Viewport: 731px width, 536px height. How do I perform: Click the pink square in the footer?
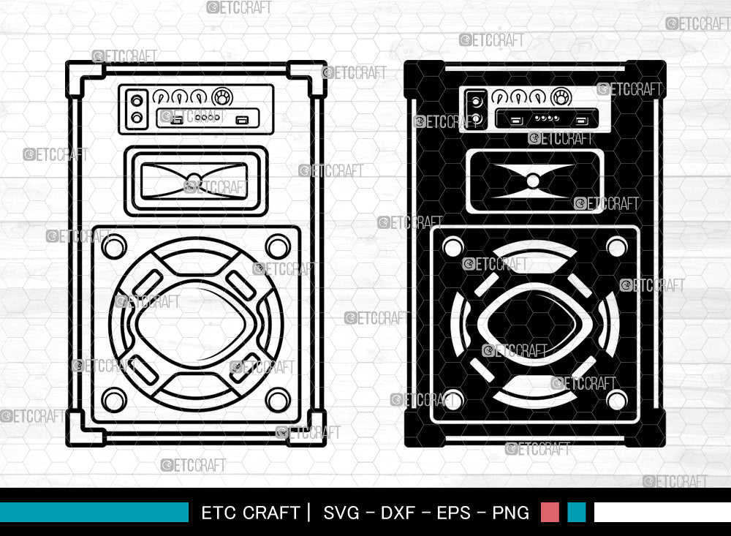[x=550, y=512]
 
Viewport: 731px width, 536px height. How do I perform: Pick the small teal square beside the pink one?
[x=576, y=512]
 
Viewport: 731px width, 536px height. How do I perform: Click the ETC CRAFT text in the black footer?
[x=251, y=513]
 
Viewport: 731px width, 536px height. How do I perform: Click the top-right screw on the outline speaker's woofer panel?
[x=278, y=246]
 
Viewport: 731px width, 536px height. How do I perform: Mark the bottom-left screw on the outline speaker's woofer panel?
[x=114, y=399]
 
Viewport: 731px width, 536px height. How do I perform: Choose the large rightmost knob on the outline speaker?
[x=221, y=97]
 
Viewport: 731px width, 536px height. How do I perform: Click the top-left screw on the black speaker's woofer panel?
[x=452, y=246]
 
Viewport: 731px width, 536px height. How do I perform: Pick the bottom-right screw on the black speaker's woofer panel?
[x=617, y=400]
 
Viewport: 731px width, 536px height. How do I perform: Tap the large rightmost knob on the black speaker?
[x=561, y=97]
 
